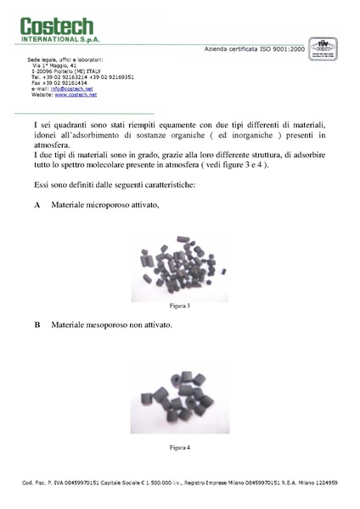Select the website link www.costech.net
tap(75, 94)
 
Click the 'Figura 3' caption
tap(179, 304)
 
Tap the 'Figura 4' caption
tap(179, 447)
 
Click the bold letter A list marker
tap(37, 206)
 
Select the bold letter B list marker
tap(37, 325)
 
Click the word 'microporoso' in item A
tap(109, 206)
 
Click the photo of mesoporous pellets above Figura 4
tap(179, 395)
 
